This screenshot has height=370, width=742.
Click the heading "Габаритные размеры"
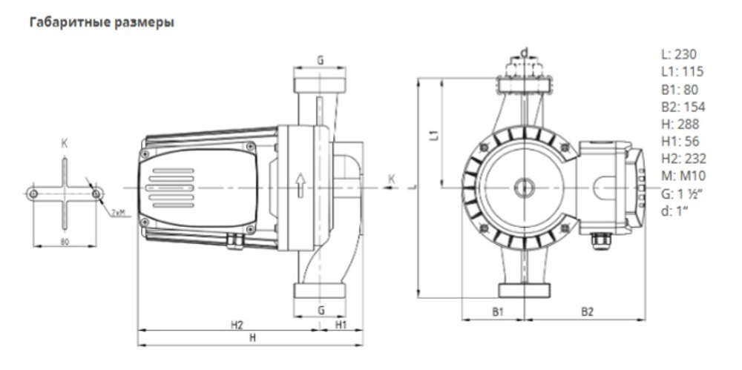click(x=101, y=23)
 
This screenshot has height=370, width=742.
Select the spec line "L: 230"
click(x=678, y=54)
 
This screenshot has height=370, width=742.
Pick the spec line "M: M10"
click(x=681, y=175)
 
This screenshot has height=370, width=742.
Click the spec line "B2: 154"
click(x=683, y=106)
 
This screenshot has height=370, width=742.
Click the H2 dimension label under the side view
click(x=237, y=325)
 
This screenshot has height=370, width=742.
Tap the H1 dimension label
click(x=341, y=325)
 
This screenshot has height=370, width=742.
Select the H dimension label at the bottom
click(x=252, y=338)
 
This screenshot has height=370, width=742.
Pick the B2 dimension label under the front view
click(x=587, y=311)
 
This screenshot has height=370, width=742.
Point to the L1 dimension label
click(x=435, y=134)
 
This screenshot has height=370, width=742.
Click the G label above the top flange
click(x=321, y=60)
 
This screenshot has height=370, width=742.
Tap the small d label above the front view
click(x=524, y=52)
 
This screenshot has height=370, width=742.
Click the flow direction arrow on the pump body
click(x=299, y=185)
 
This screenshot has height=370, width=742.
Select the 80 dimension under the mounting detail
click(x=65, y=241)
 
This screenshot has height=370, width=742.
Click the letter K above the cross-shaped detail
click(x=65, y=144)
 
